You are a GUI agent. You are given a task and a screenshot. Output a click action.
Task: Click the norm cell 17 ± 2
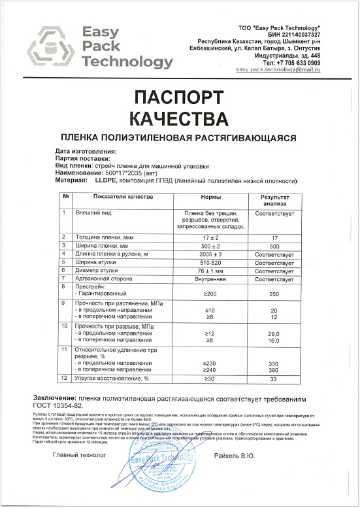209,237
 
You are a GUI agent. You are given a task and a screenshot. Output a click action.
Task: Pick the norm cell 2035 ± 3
209,254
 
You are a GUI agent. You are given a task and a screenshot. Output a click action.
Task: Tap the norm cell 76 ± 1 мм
209,270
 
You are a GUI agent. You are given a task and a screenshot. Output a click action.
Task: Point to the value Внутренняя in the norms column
209,279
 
